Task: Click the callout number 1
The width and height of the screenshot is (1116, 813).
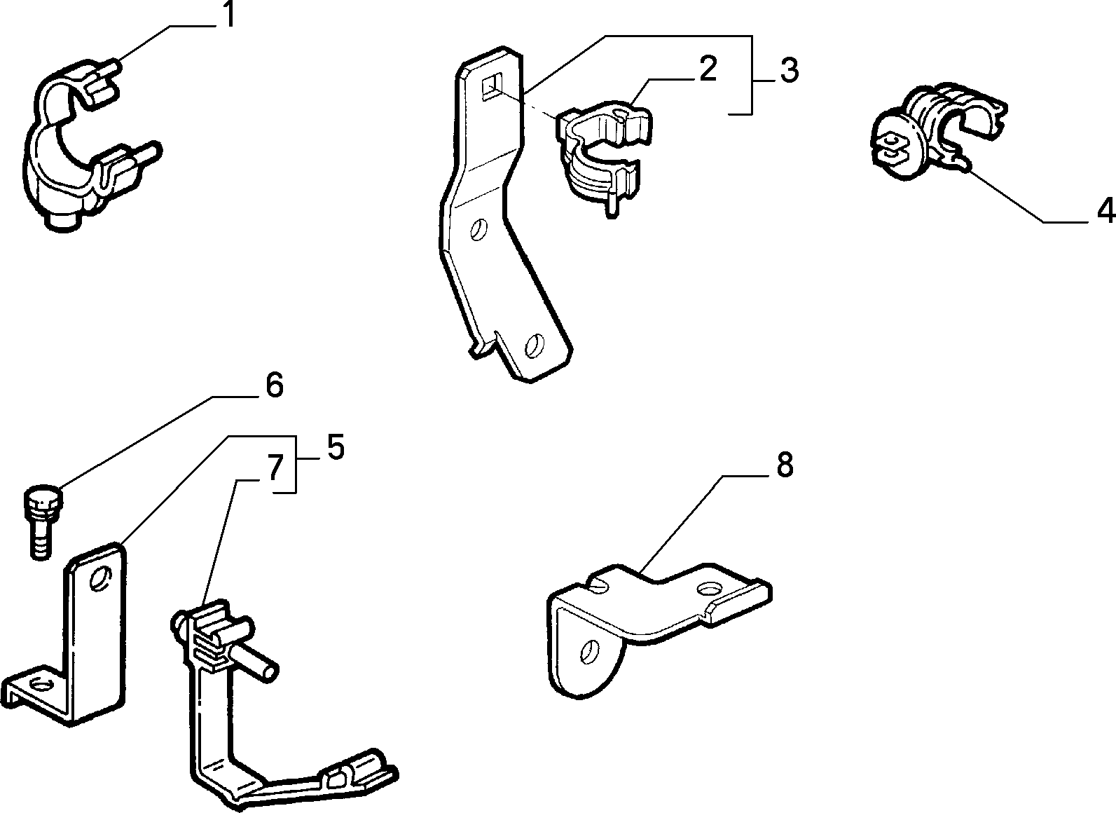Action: coord(228,15)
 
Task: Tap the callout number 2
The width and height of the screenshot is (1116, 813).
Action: coord(708,69)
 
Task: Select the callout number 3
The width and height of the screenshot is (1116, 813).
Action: coord(790,70)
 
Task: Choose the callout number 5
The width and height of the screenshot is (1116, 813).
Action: coord(336,446)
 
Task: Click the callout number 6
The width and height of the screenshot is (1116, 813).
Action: coord(274,385)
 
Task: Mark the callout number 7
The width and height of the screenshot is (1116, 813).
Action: coord(275,467)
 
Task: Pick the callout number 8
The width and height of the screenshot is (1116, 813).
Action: coord(784,465)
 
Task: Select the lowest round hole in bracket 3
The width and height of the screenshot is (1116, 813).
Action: coord(535,345)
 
